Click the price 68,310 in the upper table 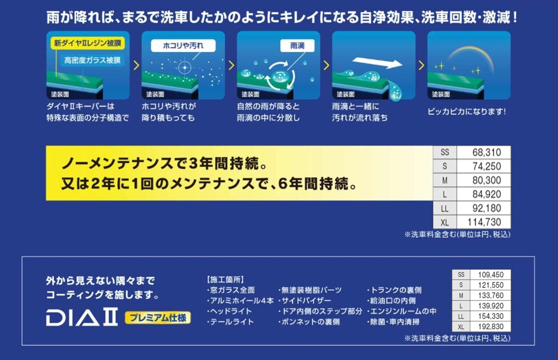coord(487,153)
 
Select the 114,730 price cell coord(484,222)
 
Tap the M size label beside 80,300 coord(445,181)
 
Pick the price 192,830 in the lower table coord(491,326)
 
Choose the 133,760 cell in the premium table coord(491,295)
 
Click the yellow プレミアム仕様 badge coord(157,317)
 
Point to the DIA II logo coord(82,318)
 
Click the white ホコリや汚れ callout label coord(183,46)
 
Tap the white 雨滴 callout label coord(297,46)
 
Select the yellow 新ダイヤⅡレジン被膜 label coord(88,43)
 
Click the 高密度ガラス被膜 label coord(93,60)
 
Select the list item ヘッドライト coord(230,311)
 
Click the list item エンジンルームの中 coord(402,311)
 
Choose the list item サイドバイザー coord(304,301)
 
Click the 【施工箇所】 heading coord(225,279)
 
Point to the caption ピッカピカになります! coord(466,111)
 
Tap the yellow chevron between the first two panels coord(136,65)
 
